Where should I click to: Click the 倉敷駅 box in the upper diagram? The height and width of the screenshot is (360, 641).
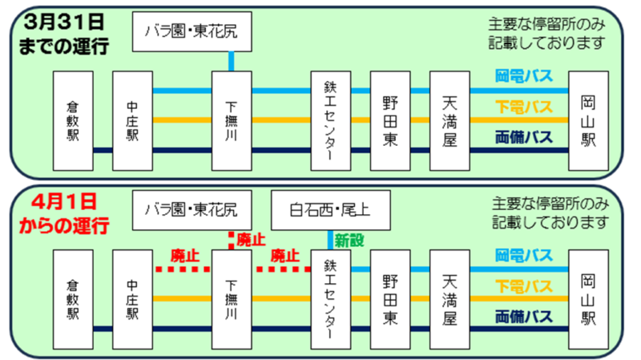[x=73, y=120]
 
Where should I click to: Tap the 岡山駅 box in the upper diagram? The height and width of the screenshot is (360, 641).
[x=587, y=120]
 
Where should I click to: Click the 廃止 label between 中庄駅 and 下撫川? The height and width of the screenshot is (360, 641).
[x=185, y=256]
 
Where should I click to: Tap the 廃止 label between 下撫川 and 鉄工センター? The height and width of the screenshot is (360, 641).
[x=284, y=256]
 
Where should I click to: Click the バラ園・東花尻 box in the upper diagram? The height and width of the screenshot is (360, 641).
[x=191, y=34]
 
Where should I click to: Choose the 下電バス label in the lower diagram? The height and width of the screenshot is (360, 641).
[x=524, y=285]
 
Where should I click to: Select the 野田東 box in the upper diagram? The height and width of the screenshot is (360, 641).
[x=390, y=120]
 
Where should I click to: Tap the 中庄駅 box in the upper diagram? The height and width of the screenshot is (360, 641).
[x=132, y=120]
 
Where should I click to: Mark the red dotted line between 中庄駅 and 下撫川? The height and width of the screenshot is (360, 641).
[x=182, y=269]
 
